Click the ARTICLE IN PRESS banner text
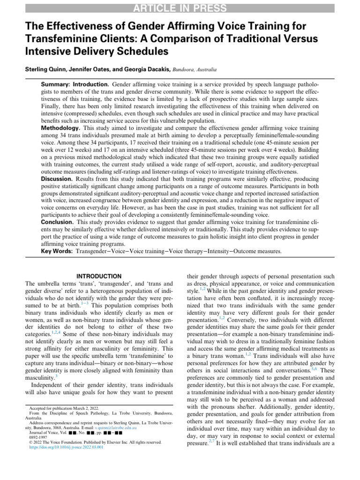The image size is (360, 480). pyautogui.click(x=180, y=7)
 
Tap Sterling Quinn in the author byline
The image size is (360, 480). pyautogui.click(x=45, y=69)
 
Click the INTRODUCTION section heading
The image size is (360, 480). pyautogui.click(x=99, y=276)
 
